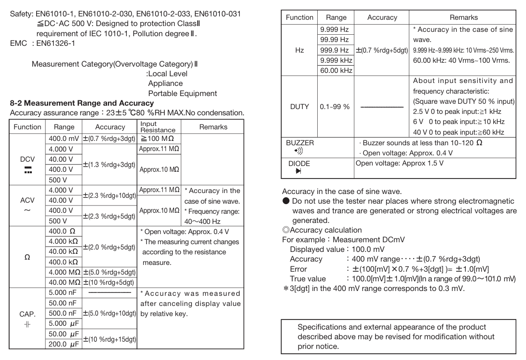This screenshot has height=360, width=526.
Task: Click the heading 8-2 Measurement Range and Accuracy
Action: (82, 103)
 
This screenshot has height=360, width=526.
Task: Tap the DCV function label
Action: (27, 159)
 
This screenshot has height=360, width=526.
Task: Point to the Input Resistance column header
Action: (158, 127)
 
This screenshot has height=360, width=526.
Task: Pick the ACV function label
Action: (27, 200)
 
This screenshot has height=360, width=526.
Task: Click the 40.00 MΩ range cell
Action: (64, 282)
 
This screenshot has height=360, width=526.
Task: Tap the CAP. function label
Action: (27, 314)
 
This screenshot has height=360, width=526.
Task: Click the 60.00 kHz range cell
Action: (336, 70)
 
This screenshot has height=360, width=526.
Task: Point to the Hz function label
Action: (299, 50)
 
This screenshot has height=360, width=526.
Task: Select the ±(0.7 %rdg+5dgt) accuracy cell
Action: (382, 50)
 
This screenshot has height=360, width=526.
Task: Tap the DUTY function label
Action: (299, 107)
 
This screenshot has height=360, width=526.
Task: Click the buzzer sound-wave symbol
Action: (293, 152)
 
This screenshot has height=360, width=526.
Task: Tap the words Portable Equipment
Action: (182, 94)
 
